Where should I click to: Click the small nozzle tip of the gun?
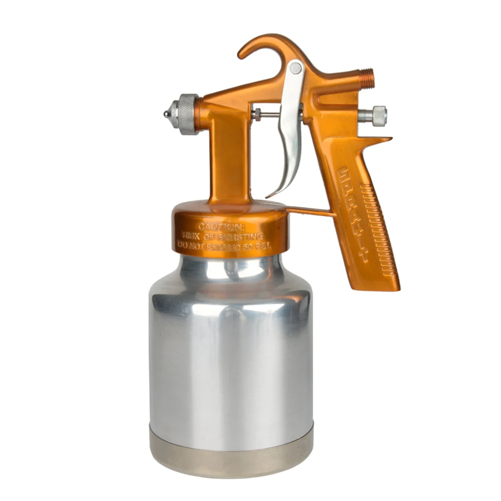point(166,114)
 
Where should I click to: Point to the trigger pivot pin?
point(296,68)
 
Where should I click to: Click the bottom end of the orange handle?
point(381,286)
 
